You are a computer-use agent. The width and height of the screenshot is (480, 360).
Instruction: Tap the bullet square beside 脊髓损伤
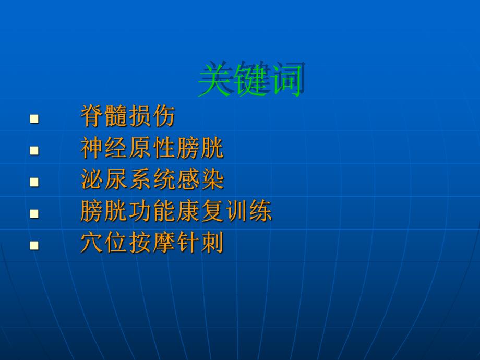[34, 119]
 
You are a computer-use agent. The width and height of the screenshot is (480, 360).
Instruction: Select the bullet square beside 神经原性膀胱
[34, 151]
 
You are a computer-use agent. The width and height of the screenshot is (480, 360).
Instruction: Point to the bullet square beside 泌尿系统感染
[34, 182]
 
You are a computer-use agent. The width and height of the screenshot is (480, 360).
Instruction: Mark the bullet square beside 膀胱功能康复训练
[34, 213]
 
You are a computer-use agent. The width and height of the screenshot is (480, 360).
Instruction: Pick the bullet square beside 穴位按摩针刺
[34, 245]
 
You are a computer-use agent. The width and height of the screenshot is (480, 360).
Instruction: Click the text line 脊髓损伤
[128, 117]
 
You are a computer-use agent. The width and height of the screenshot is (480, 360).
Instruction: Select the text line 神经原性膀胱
[152, 149]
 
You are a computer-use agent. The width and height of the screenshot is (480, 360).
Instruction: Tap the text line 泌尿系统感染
[152, 180]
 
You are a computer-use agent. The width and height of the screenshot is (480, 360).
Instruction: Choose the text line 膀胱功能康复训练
[176, 212]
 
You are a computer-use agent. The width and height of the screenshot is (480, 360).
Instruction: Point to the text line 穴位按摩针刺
[152, 243]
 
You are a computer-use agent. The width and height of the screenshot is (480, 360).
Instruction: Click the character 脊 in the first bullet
[91, 117]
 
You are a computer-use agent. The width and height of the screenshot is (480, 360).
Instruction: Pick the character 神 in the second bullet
[91, 149]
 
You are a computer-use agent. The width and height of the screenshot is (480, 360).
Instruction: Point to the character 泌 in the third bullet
[91, 180]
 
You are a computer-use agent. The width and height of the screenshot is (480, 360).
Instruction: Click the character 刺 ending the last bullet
[212, 243]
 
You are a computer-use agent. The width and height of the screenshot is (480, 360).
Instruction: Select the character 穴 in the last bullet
[91, 243]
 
